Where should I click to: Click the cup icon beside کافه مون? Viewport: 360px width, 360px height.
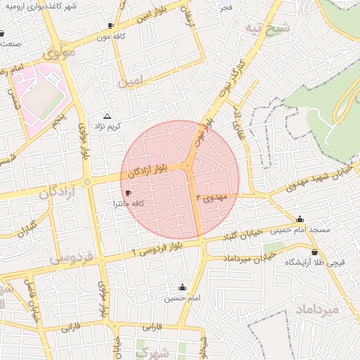pos(110,25)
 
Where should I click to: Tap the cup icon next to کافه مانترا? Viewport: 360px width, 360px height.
pos(127,193)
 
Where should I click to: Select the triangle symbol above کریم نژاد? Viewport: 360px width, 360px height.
pos(107,115)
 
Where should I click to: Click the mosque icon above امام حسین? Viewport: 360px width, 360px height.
pos(183,288)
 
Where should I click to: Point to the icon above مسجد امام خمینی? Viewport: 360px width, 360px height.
pos(300,219)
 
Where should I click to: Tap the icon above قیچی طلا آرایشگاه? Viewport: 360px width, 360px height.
pos(314,252)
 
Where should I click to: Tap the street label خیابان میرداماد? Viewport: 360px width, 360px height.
pos(237,259)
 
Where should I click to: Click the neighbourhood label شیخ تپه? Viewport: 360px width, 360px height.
pos(267,28)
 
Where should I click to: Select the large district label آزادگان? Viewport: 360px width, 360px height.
pos(38,193)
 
